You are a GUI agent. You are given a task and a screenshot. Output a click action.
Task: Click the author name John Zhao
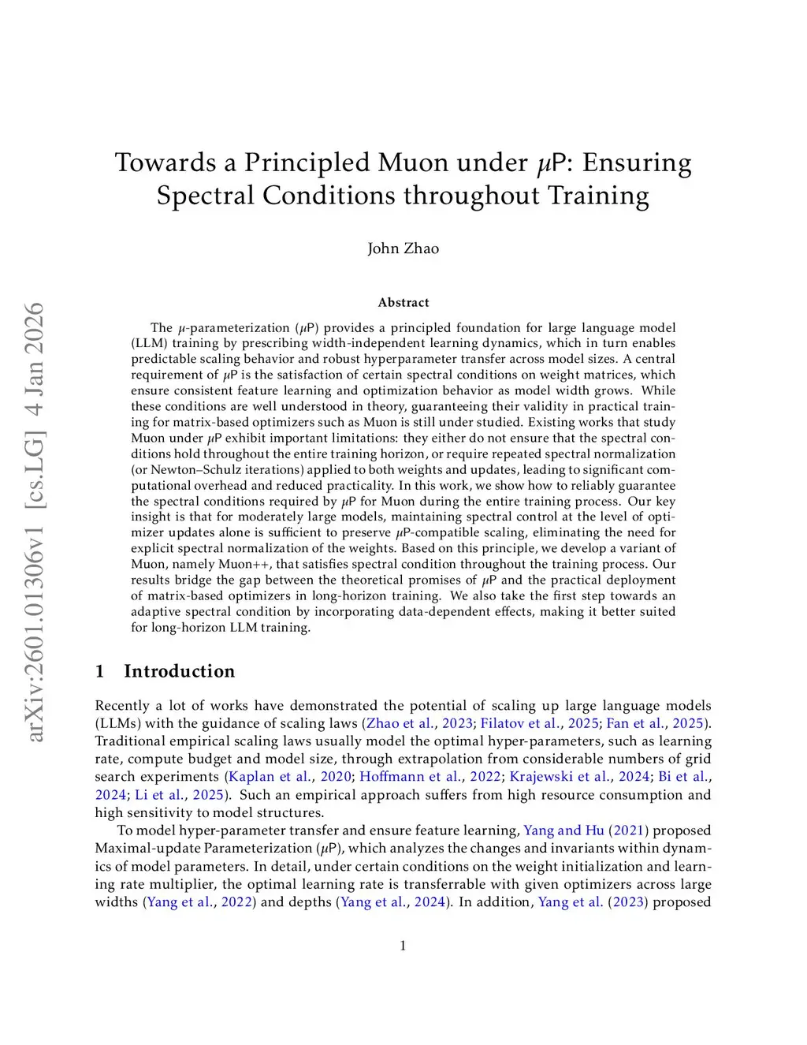click(x=403, y=248)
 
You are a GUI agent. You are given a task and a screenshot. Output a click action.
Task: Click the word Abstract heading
click(x=403, y=303)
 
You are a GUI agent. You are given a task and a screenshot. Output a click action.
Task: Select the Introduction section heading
click(x=179, y=671)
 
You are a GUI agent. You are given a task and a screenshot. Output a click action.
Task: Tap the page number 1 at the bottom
click(x=403, y=946)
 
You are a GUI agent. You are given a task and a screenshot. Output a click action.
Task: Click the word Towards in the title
click(x=165, y=162)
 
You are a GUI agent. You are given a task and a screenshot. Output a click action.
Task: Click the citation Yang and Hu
click(x=563, y=830)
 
